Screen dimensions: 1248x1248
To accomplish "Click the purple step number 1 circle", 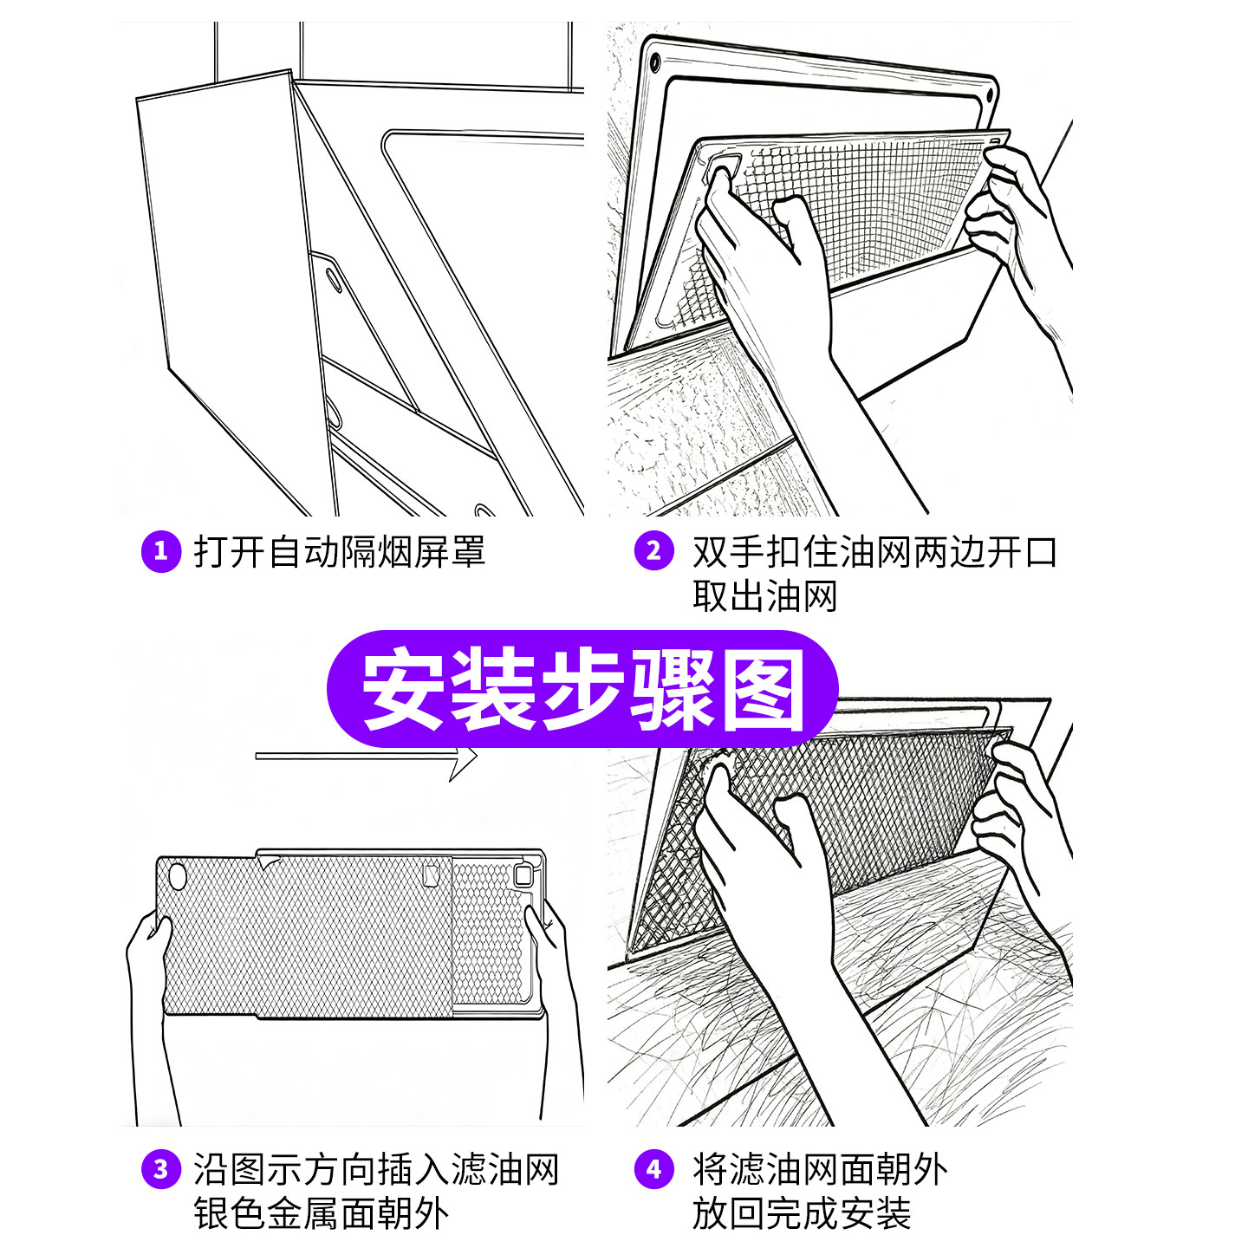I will click(x=160, y=551).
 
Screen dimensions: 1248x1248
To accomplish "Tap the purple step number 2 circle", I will click(x=653, y=551).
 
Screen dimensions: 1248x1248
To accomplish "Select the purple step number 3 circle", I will click(x=160, y=1169).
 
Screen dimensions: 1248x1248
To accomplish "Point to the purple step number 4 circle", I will click(x=653, y=1169).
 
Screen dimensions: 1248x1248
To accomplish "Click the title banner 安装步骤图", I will click(x=582, y=690).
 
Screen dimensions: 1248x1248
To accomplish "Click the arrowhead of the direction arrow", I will click(x=464, y=759).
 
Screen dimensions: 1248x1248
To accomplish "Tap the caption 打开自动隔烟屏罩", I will click(x=339, y=552).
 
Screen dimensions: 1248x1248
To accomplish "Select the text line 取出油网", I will click(x=764, y=596).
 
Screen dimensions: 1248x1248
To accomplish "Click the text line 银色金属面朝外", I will click(x=321, y=1213).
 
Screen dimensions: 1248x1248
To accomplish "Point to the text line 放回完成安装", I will click(x=801, y=1213).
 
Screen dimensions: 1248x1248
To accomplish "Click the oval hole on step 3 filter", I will click(x=177, y=875).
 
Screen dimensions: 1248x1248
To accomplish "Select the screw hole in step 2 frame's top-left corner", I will click(x=655, y=62).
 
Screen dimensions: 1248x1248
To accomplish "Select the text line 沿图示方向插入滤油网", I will click(x=376, y=1169).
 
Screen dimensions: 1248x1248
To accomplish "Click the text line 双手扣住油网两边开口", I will click(x=874, y=552).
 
